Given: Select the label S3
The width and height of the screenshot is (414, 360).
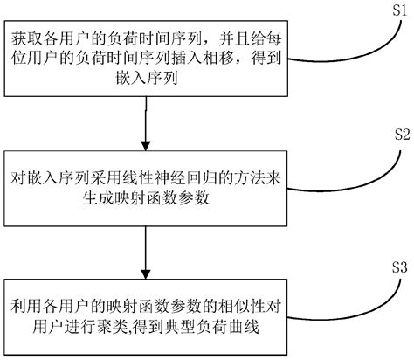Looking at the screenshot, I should click(x=397, y=267).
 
